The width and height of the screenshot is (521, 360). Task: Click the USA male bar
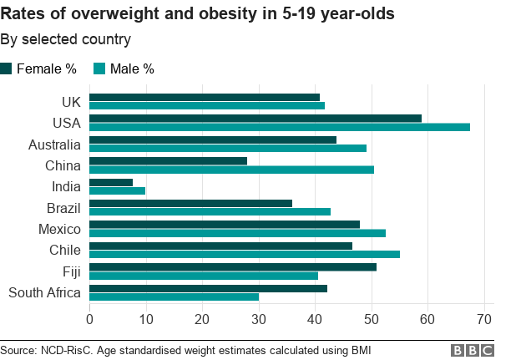(280, 127)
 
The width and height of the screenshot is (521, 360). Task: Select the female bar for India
(111, 182)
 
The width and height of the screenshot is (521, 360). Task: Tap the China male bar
(231, 170)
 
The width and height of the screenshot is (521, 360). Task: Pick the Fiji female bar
(233, 267)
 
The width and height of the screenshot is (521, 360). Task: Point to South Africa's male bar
(174, 297)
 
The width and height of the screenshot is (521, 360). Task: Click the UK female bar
(205, 97)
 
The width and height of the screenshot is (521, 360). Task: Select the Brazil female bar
(190, 203)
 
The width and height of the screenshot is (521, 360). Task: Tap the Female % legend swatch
(6, 68)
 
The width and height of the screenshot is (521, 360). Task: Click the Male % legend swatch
(99, 68)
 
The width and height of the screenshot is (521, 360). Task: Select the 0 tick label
(89, 318)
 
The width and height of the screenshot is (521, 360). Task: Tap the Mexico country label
(59, 229)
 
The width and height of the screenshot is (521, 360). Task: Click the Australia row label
(54, 145)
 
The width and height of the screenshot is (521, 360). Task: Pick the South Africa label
(44, 292)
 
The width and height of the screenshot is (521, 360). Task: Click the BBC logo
(472, 350)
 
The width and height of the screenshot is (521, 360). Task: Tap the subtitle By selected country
(65, 39)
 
